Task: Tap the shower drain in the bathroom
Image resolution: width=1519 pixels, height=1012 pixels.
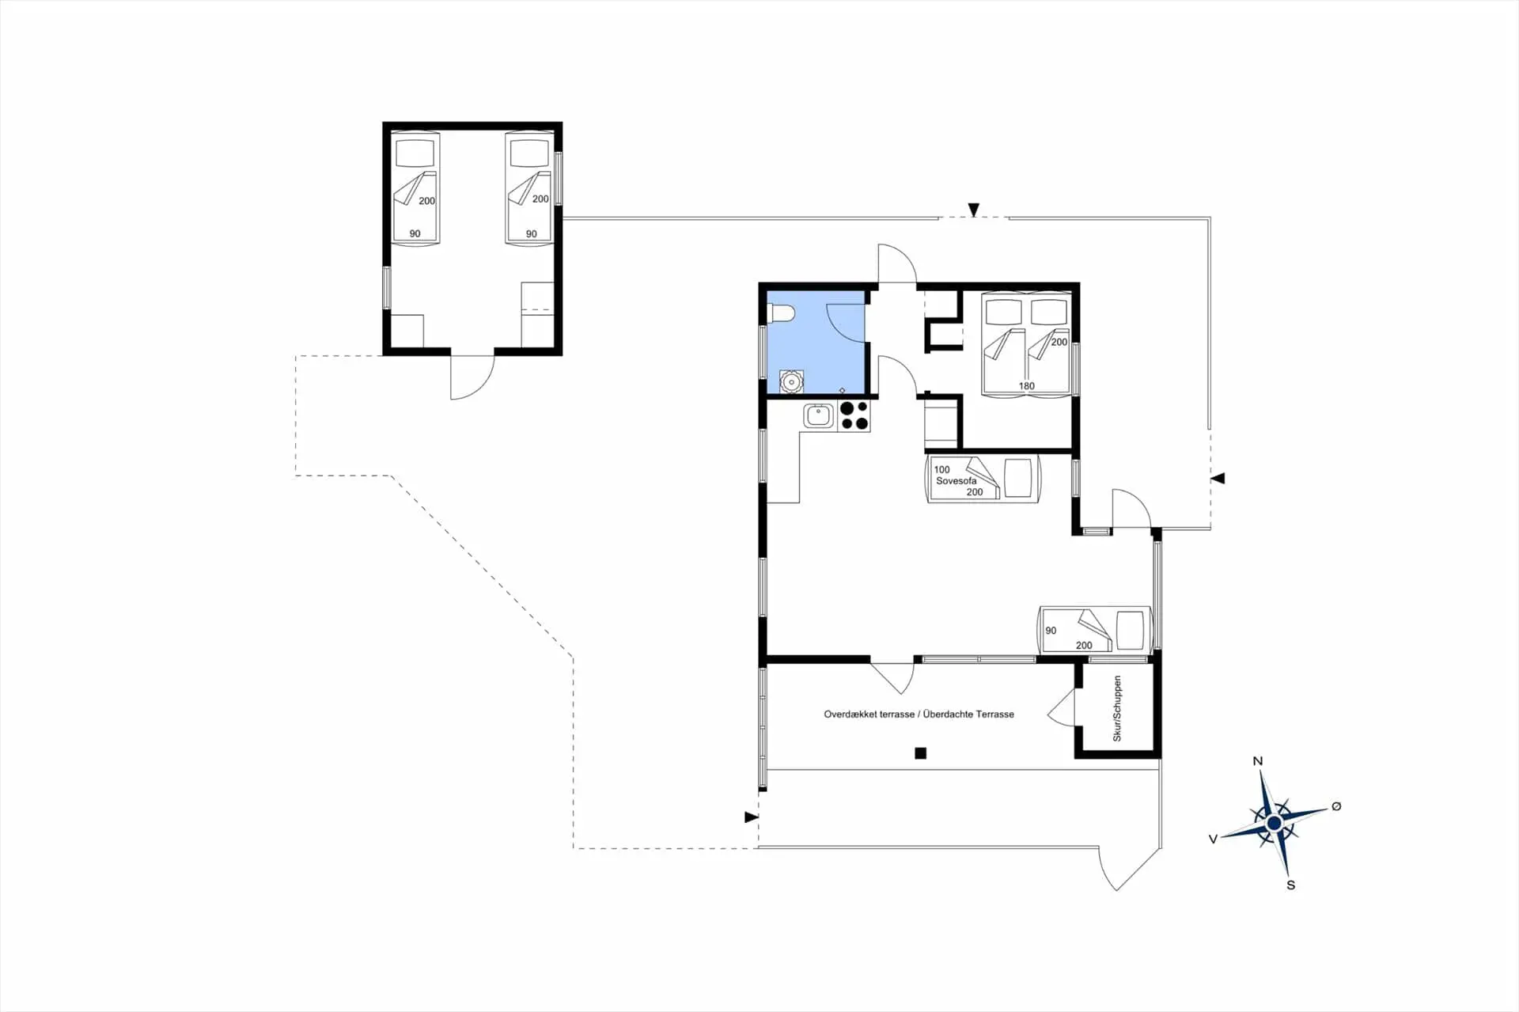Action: (x=842, y=390)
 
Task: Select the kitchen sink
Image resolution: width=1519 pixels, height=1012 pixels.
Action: (x=819, y=415)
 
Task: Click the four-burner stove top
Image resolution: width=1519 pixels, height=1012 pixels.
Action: (x=854, y=416)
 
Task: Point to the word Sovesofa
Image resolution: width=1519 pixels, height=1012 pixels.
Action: (x=956, y=480)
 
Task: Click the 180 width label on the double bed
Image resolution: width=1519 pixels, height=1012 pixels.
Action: (x=1026, y=386)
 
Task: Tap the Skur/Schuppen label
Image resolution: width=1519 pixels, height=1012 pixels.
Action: (x=1117, y=708)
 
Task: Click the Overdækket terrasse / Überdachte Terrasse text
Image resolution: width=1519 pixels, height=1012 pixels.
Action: (x=919, y=714)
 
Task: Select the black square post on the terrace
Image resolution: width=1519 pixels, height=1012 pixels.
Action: (x=920, y=753)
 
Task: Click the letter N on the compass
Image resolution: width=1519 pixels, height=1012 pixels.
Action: (x=1258, y=761)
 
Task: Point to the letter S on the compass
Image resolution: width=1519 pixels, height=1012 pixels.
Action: (x=1290, y=885)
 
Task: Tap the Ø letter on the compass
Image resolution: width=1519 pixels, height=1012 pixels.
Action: (x=1336, y=806)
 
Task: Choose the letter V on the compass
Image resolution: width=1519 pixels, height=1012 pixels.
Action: (x=1212, y=839)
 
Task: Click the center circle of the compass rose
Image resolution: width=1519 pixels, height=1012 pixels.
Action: (x=1274, y=824)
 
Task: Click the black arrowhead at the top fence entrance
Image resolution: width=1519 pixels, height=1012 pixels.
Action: (x=974, y=210)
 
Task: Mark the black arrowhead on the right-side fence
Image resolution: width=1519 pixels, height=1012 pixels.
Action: (x=1218, y=478)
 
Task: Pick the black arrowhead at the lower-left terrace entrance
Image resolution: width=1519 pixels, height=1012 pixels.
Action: (x=751, y=817)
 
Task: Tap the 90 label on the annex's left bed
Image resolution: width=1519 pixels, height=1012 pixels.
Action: (x=415, y=233)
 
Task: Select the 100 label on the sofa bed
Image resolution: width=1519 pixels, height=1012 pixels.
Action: (x=941, y=469)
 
